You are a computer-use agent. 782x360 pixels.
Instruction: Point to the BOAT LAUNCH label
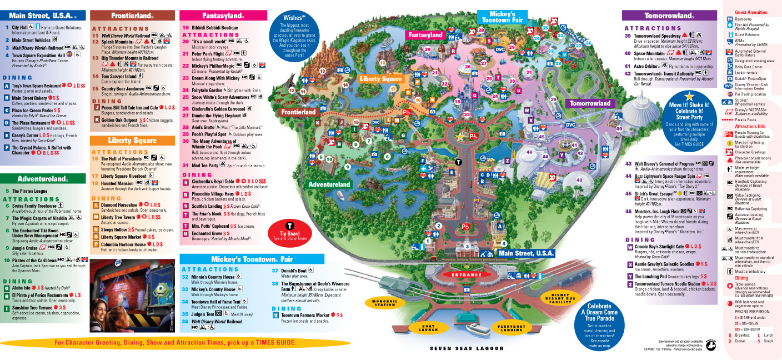click(428, 327)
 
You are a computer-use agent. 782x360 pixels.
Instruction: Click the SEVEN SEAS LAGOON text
click(467, 349)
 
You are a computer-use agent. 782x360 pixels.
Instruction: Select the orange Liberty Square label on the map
click(380, 79)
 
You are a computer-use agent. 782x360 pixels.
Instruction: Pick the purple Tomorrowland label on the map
click(590, 103)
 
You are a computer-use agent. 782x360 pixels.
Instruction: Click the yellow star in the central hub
click(459, 136)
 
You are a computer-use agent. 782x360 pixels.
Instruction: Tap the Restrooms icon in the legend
click(730, 19)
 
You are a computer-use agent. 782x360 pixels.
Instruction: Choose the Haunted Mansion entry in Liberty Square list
click(117, 183)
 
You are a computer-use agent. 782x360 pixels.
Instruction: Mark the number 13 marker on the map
click(322, 71)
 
